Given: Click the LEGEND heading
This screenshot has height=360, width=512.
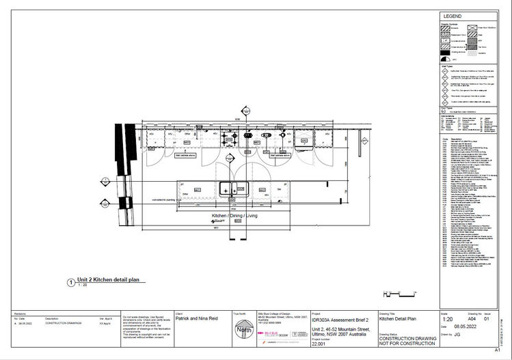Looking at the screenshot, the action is pyautogui.click(x=453, y=16).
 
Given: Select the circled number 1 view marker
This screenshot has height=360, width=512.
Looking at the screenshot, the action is pyautogui.click(x=70, y=281).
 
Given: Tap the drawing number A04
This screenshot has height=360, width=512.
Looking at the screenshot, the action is pyautogui.click(x=471, y=319).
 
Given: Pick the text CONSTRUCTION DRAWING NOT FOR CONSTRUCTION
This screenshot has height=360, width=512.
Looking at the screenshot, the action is pyautogui.click(x=407, y=342).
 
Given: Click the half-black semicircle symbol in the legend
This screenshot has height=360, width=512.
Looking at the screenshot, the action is pyautogui.click(x=444, y=59).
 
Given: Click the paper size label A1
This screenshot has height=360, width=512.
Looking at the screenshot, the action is pyautogui.click(x=507, y=349).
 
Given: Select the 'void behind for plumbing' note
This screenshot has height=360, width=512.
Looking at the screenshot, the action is pyautogui.click(x=157, y=199).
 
